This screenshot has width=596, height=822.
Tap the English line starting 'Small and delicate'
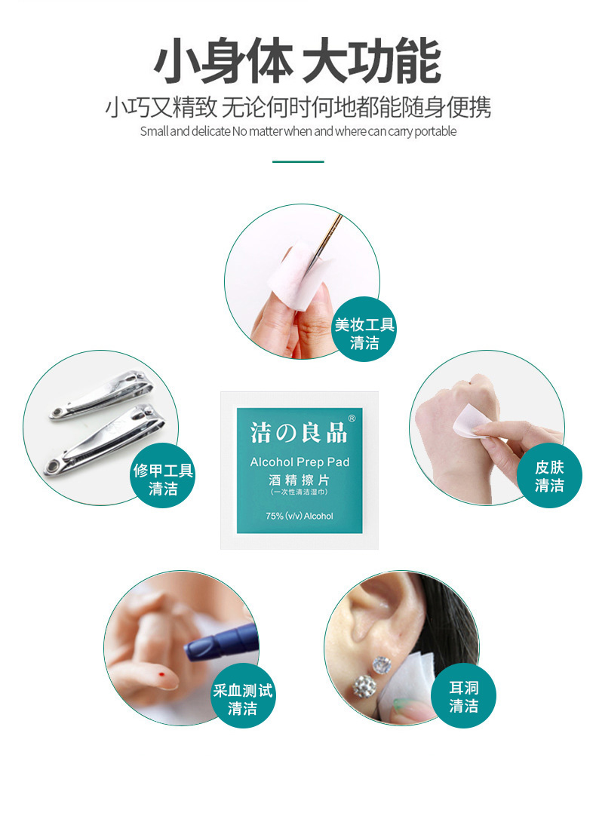tap(298, 131)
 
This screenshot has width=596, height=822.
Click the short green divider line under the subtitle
tap(298, 161)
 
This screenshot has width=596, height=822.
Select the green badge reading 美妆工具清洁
tap(364, 330)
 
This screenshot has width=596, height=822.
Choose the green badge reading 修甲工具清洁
tap(163, 475)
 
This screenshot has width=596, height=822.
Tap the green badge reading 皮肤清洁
tap(549, 475)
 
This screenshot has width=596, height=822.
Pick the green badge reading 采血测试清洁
tap(242, 695)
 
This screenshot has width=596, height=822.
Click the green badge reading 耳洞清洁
tap(463, 695)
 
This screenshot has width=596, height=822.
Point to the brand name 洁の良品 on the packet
tap(299, 433)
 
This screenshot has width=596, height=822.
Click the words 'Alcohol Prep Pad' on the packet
tap(300, 462)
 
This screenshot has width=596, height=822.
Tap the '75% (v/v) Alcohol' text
tap(299, 516)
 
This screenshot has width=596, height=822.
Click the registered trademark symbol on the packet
tap(352, 419)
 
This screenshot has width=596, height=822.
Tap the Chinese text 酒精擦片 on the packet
tap(299, 479)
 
